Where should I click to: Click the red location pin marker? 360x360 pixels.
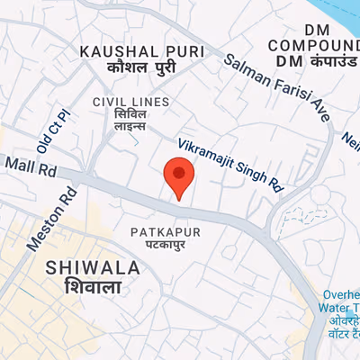(x=178, y=175)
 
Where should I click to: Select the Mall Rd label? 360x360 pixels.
(x=31, y=166)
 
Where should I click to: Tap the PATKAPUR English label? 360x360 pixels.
(x=165, y=232)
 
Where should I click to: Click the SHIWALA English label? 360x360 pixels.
(x=94, y=268)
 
